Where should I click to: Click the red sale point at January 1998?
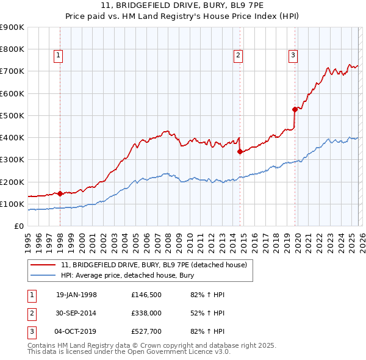(x=60, y=193)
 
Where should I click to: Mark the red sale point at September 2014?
(x=240, y=151)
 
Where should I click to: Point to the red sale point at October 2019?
(x=295, y=109)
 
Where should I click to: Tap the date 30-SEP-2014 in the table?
(x=76, y=314)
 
